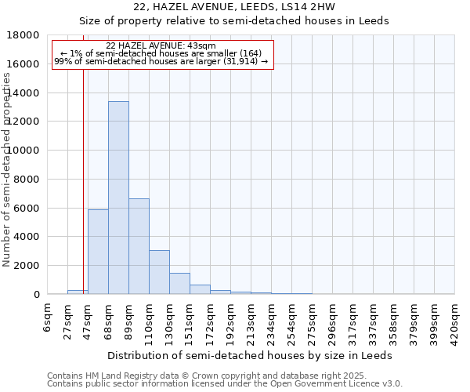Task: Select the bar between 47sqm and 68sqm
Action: [98, 252]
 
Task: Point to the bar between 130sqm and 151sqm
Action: [179, 283]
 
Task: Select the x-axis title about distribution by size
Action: [250, 355]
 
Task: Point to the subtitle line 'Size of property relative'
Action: [234, 20]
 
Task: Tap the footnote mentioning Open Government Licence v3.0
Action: [225, 384]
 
